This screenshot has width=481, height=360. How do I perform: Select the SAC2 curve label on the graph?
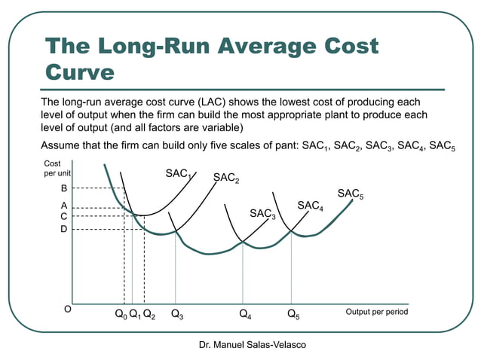[226, 178]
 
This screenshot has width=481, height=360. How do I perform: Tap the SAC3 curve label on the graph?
[263, 215]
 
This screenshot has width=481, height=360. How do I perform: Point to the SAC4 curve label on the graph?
[311, 206]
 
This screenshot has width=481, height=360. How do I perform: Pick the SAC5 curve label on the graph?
[351, 194]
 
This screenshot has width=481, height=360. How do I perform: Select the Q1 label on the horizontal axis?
[135, 314]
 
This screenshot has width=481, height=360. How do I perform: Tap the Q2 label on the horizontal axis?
[149, 314]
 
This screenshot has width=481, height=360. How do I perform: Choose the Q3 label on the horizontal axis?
[177, 314]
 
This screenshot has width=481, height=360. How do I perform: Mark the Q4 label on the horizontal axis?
[245, 314]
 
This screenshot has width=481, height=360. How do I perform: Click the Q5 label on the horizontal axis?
[293, 314]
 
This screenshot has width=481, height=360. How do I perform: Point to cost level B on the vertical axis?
[64, 188]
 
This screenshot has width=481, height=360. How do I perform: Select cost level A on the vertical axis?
[64, 205]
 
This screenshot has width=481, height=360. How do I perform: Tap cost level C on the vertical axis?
[64, 216]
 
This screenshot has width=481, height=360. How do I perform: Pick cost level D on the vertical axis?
[64, 229]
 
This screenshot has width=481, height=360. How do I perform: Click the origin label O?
[67, 310]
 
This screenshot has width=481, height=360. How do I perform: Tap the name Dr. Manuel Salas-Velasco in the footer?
[243, 344]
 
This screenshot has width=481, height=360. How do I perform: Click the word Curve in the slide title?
[80, 72]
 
